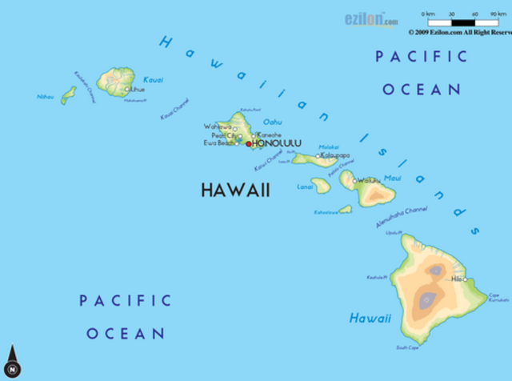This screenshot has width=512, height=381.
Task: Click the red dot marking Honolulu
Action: (248, 144)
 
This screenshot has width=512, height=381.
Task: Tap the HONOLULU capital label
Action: (277, 144)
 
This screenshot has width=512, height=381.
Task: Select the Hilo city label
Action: (456, 279)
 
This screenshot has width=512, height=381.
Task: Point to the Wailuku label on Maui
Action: (370, 181)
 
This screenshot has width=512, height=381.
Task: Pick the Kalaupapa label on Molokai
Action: (335, 155)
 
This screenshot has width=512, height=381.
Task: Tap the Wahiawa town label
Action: (217, 126)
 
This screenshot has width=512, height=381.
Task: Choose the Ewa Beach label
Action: (219, 143)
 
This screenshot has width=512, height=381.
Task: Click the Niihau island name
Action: (46, 97)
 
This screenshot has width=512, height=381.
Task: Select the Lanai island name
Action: (304, 186)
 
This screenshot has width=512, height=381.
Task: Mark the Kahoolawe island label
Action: (325, 212)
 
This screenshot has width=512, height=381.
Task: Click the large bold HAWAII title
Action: (235, 190)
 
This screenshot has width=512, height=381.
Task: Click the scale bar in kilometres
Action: (460, 22)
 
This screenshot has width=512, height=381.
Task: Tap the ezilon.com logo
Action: (370, 19)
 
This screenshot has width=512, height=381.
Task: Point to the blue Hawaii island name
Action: (370, 319)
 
